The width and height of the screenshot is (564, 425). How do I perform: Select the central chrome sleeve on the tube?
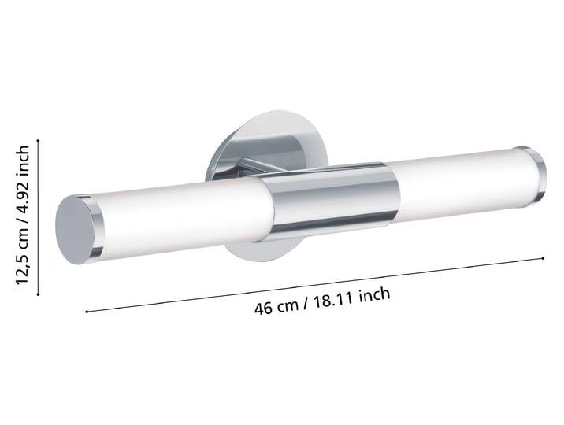click(331, 202)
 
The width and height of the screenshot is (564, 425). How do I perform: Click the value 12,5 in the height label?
click(22, 268)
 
